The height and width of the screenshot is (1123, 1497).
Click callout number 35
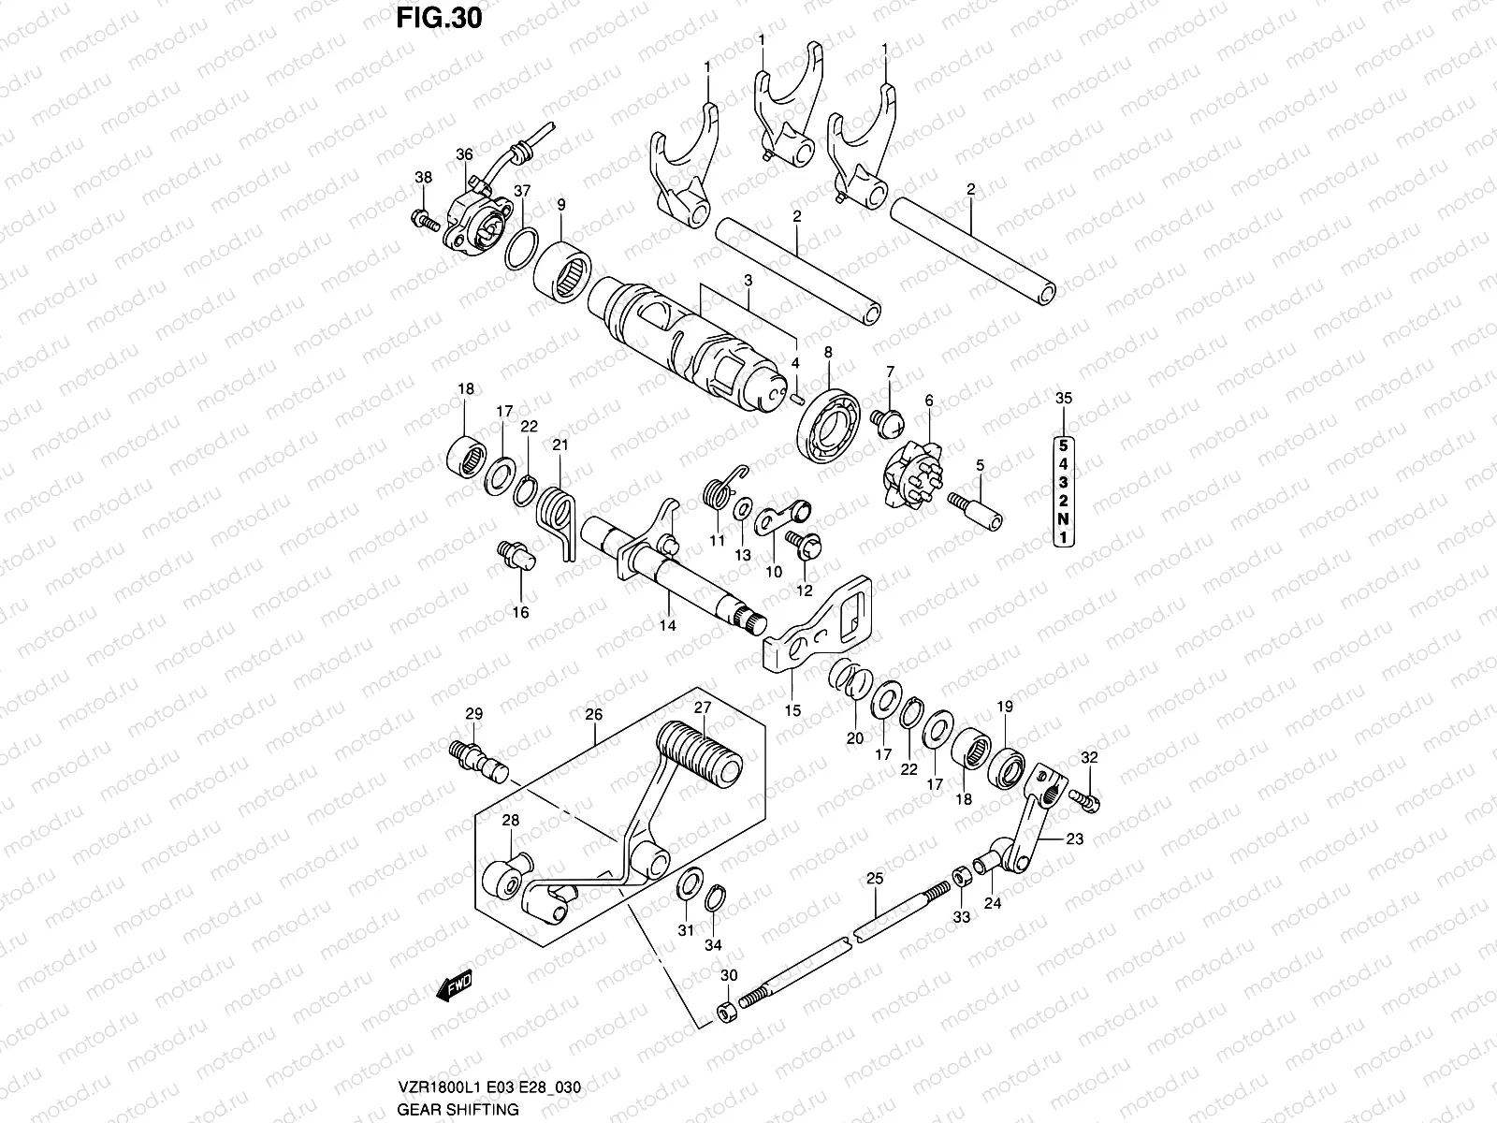pyautogui.click(x=1064, y=399)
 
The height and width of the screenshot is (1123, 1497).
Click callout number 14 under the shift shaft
pyautogui.click(x=667, y=626)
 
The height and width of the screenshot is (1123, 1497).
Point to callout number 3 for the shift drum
pyautogui.click(x=748, y=280)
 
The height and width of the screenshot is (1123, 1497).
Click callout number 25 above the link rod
pyautogui.click(x=874, y=879)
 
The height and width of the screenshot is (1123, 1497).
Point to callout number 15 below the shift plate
pyautogui.click(x=792, y=710)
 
